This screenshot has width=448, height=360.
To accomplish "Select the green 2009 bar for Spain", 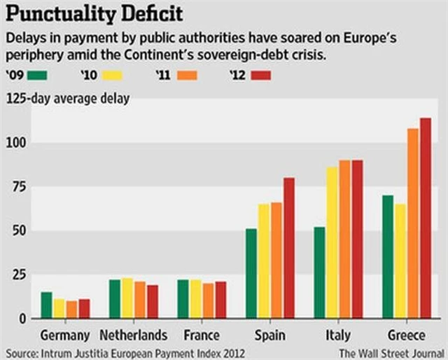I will pyautogui.click(x=251, y=273).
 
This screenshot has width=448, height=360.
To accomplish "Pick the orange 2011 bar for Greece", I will pyautogui.click(x=413, y=223).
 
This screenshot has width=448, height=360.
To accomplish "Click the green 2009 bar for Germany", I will pyautogui.click(x=46, y=305).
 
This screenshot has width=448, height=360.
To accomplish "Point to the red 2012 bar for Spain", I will pyautogui.click(x=288, y=248).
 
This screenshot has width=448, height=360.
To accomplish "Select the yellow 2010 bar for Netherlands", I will pyautogui.click(x=127, y=298).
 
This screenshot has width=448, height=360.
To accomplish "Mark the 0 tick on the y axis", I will pyautogui.click(x=21, y=319).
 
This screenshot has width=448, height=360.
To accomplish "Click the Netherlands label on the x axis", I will pyautogui.click(x=134, y=335).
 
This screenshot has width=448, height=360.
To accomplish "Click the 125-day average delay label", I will pyautogui.click(x=67, y=99).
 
